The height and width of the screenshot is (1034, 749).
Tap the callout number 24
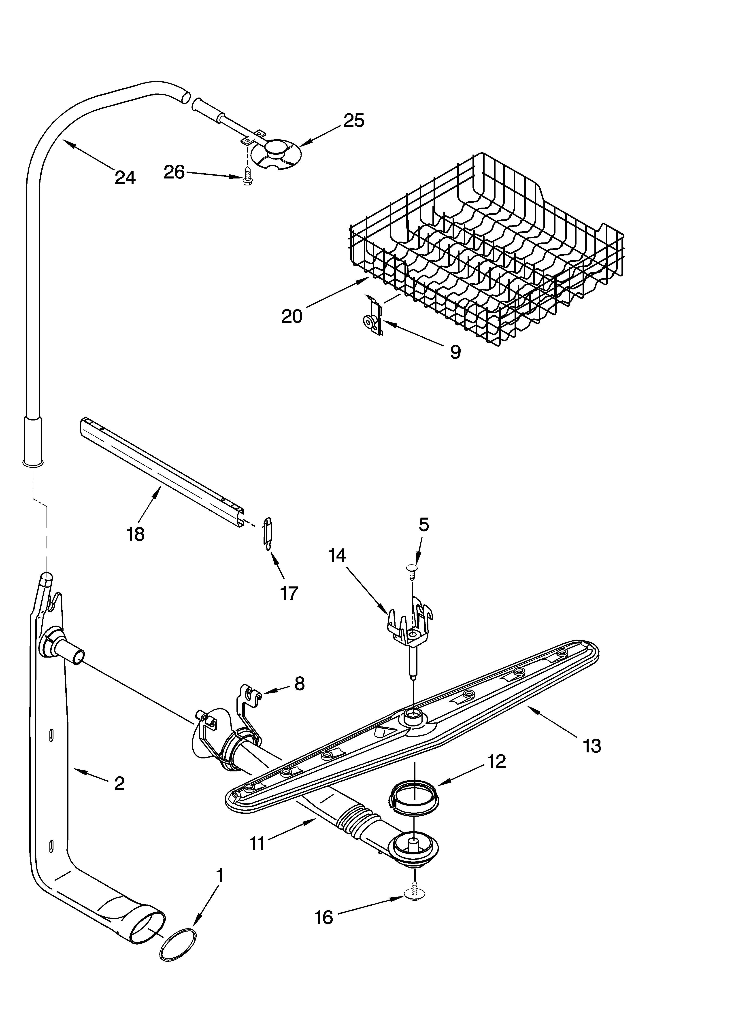pyautogui.click(x=125, y=177)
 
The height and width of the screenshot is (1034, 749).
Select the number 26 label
pyautogui.click(x=174, y=172)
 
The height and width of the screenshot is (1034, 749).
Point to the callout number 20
pyautogui.click(x=292, y=316)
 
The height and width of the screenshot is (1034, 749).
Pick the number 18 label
pyautogui.click(x=136, y=533)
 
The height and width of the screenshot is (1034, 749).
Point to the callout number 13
pyautogui.click(x=592, y=746)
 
